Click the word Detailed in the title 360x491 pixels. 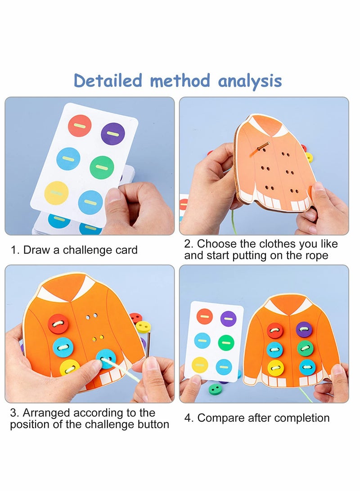pos(108,81)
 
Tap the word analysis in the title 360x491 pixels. pos(250,81)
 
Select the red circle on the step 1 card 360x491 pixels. pos(80,126)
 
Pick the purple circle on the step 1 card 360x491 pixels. pos(112,134)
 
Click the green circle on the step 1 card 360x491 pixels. pos(102,167)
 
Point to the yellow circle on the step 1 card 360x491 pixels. pos(57,193)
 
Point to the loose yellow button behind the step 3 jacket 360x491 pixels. pos(144,327)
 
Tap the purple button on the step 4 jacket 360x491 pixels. pos(304,329)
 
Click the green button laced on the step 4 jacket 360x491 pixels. pos(305,348)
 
